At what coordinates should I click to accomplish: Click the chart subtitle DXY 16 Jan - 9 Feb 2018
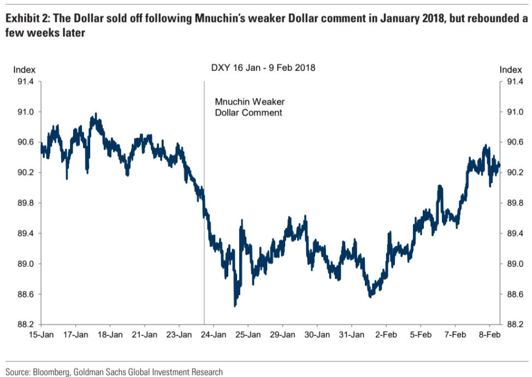coord(263,68)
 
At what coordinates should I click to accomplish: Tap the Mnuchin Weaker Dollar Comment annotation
coord(249,107)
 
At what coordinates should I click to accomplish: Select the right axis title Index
coord(511,69)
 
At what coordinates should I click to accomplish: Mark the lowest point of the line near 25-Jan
coord(235,306)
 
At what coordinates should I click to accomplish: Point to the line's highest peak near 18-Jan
coord(96,114)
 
